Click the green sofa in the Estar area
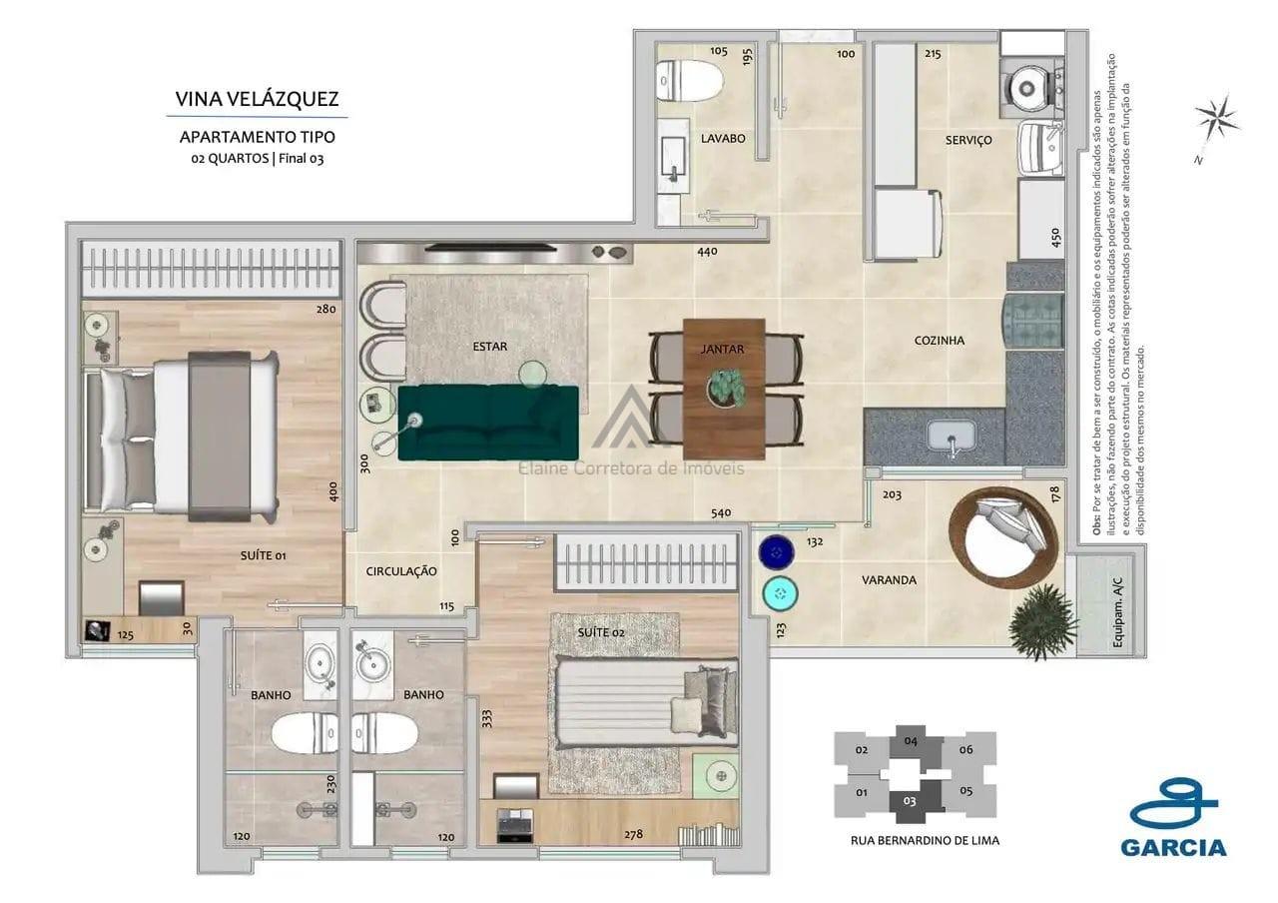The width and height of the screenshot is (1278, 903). point(488,423)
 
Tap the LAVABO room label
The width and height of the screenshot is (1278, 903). point(722,139)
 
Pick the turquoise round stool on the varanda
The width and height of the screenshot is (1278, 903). point(780,594)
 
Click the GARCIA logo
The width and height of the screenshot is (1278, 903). point(1173,818)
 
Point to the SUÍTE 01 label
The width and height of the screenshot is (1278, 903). point(264,555)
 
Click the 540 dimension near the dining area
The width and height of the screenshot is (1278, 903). point(721,513)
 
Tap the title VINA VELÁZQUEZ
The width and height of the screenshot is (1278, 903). point(257,99)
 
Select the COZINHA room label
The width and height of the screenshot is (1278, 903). point(939,341)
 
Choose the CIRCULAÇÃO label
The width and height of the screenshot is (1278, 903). point(401,571)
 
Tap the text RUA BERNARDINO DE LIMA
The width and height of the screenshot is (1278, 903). point(924,840)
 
